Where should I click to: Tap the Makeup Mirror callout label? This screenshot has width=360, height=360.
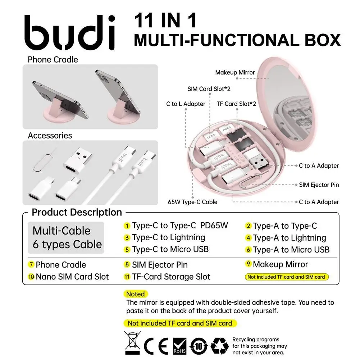tap(235, 72)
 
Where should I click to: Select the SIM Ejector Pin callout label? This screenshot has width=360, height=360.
tap(319, 185)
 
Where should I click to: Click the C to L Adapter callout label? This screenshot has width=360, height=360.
tap(186, 104)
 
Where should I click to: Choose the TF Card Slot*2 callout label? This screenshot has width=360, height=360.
tap(236, 104)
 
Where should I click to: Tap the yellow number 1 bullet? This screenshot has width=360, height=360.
tap(127, 226)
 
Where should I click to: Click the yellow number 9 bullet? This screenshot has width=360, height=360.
tap(248, 264)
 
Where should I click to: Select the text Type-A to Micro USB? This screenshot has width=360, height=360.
tap(291, 250)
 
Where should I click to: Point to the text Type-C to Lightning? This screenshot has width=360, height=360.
tap(168, 237)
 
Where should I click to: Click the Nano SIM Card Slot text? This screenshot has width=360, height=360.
tap(72, 277)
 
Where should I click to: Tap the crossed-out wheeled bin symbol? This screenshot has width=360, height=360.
tap(134, 343)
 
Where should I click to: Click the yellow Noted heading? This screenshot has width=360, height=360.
tap(136, 294)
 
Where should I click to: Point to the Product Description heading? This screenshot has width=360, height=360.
tap(77, 212)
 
